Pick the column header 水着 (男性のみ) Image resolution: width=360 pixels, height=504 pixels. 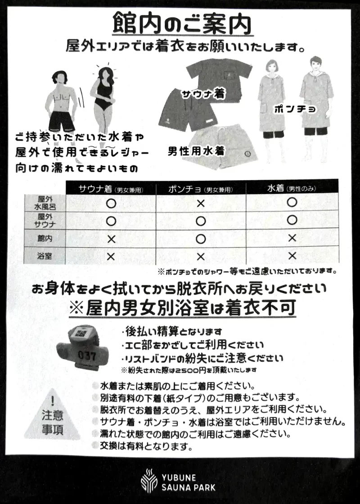pyautogui.click(x=292, y=188)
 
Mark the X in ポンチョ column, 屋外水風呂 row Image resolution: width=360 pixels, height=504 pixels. pyautogui.click(x=201, y=203)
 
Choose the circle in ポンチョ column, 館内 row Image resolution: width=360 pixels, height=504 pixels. pyautogui.click(x=201, y=238)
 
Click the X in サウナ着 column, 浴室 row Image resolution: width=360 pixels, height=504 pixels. pyautogui.click(x=111, y=257)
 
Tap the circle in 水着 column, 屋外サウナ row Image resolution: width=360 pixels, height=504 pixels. pyautogui.click(x=292, y=221)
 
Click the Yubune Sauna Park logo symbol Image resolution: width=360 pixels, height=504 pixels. pyautogui.click(x=148, y=480)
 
